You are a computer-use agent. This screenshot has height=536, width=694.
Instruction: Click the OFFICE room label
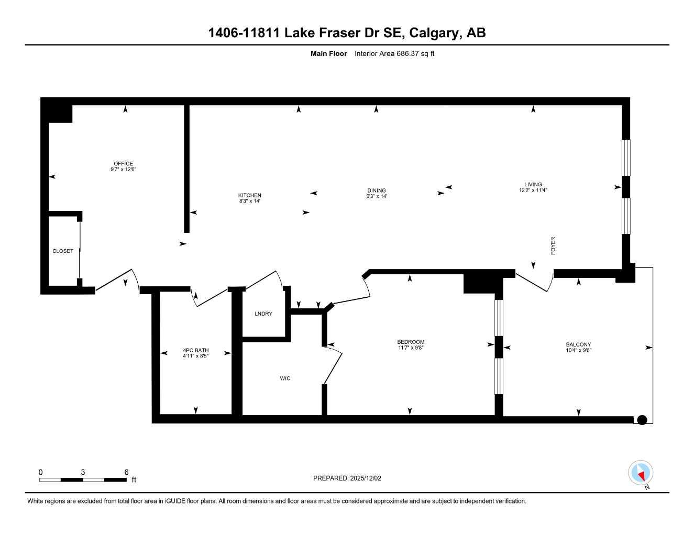tap(123, 164)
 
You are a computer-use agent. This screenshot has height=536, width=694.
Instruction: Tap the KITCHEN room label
tap(249, 195)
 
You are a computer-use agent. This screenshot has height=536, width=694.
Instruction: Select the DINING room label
tap(376, 191)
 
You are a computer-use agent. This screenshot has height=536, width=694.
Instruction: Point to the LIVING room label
tap(533, 184)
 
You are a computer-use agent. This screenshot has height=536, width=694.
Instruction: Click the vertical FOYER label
tap(553, 246)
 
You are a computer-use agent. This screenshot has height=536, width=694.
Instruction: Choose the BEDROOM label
tap(410, 342)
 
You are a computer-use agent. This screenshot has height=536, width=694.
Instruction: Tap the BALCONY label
tap(578, 344)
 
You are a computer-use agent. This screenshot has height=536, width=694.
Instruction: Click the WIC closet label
tap(285, 378)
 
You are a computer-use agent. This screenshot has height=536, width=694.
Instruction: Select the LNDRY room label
tap(263, 314)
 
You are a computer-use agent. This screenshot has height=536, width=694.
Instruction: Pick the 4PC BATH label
tap(195, 350)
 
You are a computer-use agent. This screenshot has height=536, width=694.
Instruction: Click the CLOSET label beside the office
tap(63, 251)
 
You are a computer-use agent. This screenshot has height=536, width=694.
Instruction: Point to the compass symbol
tap(640, 473)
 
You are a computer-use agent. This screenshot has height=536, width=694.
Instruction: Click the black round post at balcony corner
tap(642, 420)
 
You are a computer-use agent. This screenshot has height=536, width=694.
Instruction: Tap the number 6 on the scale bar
tap(126, 472)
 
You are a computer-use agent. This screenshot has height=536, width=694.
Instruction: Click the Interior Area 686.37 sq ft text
tap(394, 53)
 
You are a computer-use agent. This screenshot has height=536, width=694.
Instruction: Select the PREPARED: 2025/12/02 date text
tap(347, 478)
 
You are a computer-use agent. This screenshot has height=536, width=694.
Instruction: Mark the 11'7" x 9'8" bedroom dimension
tap(410, 348)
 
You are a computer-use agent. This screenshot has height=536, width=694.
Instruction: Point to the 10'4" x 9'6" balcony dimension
tap(578, 350)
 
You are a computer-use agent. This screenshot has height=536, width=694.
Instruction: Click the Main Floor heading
tap(328, 53)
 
